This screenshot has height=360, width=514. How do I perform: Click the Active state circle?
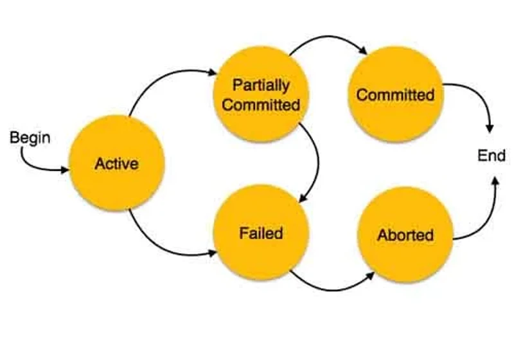tap(117, 163)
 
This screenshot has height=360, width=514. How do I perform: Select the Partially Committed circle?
tap(261, 94)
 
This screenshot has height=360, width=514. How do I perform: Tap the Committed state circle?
tap(396, 94)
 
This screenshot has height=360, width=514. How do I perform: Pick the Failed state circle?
tap(261, 233)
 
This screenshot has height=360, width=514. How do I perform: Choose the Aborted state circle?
tap(405, 235)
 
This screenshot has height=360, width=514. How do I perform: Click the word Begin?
tap(30, 138)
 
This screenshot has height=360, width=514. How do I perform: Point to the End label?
tap(491, 155)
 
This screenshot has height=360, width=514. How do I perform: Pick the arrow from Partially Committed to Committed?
tap(328, 36)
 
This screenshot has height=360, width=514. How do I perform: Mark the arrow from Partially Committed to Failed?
tap(318, 161)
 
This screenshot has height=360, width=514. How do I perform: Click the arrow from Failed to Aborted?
tap(331, 290)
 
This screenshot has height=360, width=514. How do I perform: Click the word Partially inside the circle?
tap(261, 85)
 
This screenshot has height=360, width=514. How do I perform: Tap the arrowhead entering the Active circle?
tap(66, 170)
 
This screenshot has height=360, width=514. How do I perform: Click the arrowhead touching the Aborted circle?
tap(371, 276)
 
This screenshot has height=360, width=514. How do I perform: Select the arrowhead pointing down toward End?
tap(490, 128)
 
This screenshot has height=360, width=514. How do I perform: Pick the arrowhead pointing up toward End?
tap(495, 182)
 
